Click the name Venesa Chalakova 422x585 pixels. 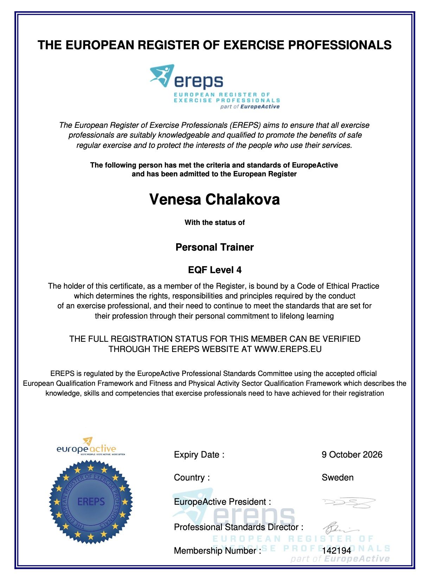(215, 200)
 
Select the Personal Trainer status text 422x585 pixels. (215, 247)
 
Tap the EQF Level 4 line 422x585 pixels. (215, 270)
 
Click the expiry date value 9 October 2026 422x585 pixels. (352, 455)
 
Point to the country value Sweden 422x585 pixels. (338, 478)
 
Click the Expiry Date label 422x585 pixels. (199, 455)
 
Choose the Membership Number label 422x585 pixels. (217, 551)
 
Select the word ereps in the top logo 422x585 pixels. (199, 82)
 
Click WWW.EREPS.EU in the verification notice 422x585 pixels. (288, 349)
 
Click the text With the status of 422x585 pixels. (215, 222)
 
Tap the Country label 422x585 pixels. (192, 478)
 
